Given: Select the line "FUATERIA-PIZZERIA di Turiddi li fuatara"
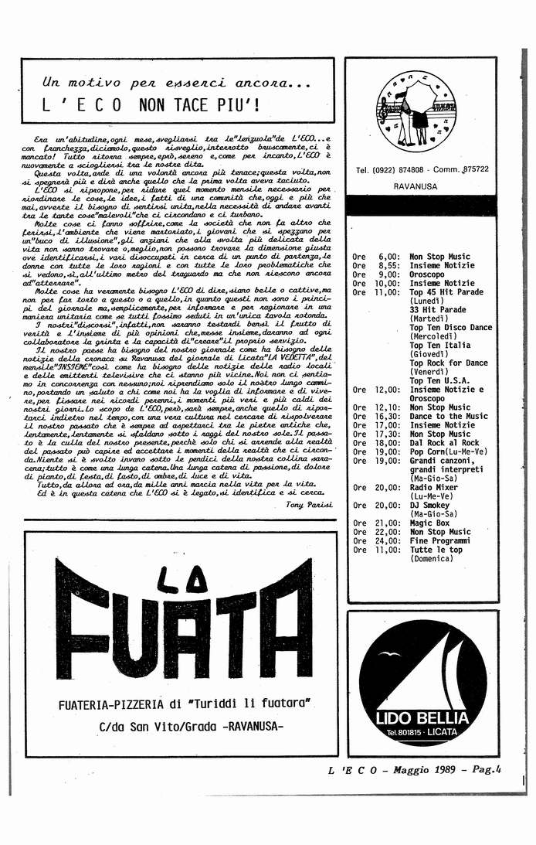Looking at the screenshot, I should coord(183,704).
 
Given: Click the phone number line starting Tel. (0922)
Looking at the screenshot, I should coord(422,169).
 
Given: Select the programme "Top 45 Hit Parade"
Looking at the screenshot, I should coord(446,292).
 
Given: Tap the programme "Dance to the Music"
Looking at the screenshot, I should coord(448,416).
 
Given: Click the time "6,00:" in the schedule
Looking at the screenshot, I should coord(389,257).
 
